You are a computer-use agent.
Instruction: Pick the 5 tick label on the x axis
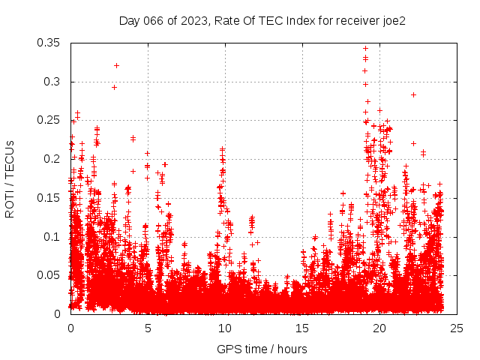coord(148,328)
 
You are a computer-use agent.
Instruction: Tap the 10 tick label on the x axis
coord(225,328)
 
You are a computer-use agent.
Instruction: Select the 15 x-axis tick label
coord(302,328)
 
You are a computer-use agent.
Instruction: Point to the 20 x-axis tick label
coord(379,328)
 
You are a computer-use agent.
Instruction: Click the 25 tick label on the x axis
coord(457,328)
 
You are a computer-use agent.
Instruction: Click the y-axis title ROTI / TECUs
coord(10,178)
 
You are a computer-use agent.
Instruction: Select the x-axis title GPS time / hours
coord(262,349)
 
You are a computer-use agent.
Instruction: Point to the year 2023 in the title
coord(191,21)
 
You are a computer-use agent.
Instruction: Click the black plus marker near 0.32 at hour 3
coord(116,65)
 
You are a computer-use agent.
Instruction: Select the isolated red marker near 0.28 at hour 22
coord(413,94)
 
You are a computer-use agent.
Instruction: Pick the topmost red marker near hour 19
coord(365,49)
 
